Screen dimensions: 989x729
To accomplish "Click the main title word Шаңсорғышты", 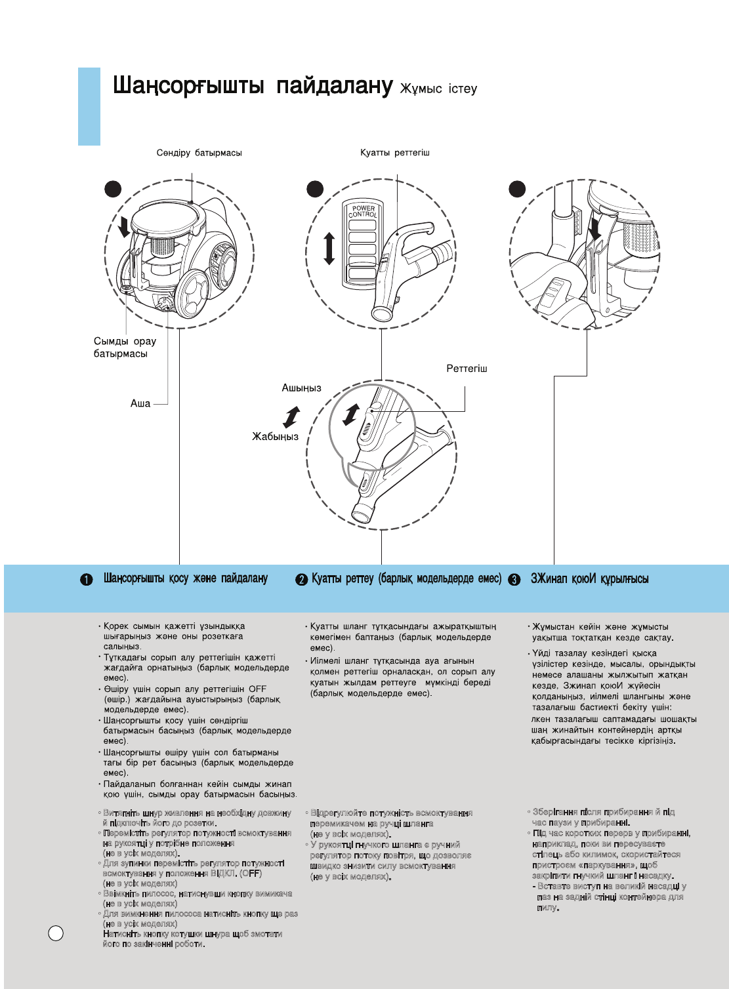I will point(189,86).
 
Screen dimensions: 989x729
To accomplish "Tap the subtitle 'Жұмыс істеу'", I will point(438,89).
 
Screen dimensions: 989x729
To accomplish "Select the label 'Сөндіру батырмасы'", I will point(199,153).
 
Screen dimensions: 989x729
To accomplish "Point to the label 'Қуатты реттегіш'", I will point(394,153).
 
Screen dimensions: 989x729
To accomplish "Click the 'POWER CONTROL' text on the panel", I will point(363,211).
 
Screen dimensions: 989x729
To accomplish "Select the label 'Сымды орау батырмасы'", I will point(125,348).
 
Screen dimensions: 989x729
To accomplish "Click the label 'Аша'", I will point(140,403).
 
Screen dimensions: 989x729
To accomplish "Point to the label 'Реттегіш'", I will point(467,369).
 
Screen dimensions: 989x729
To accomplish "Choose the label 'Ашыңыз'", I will point(301,388).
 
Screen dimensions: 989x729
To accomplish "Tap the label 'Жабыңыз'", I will point(275,436).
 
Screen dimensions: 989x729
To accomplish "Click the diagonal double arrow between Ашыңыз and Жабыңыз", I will point(291,416).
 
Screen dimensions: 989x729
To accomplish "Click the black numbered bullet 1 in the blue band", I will point(87,580).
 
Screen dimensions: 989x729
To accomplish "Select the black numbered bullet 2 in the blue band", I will point(301,580).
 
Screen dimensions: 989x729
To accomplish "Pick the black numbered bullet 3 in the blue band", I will point(514,580).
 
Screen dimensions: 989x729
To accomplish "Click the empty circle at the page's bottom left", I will point(56,933).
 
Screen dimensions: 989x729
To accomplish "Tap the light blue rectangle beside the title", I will point(89,106).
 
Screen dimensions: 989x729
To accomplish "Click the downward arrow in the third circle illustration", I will point(594,229).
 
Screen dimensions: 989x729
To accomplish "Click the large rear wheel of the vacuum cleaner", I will point(194,294).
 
